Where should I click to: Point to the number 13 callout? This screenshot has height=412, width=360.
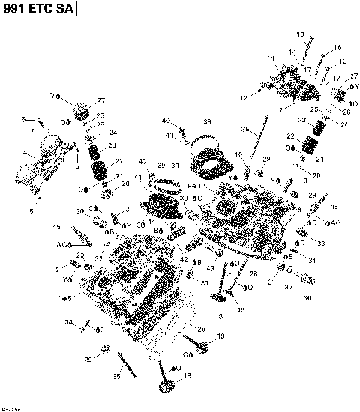click(x=300, y=35)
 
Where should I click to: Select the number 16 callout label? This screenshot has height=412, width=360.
click(x=337, y=48)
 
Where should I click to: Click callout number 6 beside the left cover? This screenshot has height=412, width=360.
click(x=23, y=119)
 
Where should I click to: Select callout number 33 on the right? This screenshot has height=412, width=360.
click(x=321, y=243)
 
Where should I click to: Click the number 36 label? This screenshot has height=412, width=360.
click(x=307, y=297)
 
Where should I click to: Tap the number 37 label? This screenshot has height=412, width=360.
click(x=289, y=288)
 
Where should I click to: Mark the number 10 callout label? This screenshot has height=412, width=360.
click(x=238, y=155)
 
